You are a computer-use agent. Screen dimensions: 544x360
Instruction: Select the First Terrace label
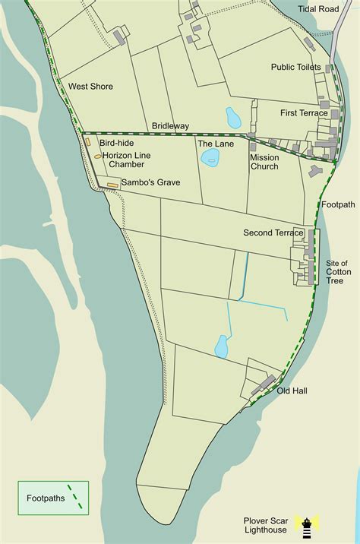click(x=304, y=113)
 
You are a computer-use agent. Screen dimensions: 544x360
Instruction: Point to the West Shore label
click(x=90, y=87)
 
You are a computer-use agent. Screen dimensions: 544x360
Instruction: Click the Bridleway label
click(x=170, y=125)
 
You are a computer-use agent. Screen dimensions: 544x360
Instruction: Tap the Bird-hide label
click(x=117, y=142)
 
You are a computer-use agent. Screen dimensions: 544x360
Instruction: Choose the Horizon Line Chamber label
click(x=126, y=160)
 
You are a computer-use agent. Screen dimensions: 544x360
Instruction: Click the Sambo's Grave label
click(x=150, y=183)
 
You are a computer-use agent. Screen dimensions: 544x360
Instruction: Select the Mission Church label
click(x=264, y=162)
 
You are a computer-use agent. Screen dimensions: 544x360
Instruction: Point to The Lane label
click(x=216, y=143)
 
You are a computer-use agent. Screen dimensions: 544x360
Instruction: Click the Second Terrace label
click(x=273, y=232)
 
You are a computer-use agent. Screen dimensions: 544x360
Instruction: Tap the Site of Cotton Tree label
click(x=337, y=271)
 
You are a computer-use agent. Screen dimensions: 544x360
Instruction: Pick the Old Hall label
click(x=292, y=391)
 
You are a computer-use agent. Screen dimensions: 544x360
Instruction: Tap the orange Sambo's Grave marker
click(x=112, y=185)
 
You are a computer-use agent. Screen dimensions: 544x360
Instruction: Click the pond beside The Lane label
click(x=210, y=158)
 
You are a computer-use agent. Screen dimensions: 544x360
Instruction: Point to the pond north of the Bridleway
click(x=233, y=118)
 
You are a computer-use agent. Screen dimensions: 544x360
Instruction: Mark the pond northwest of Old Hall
click(x=222, y=346)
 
